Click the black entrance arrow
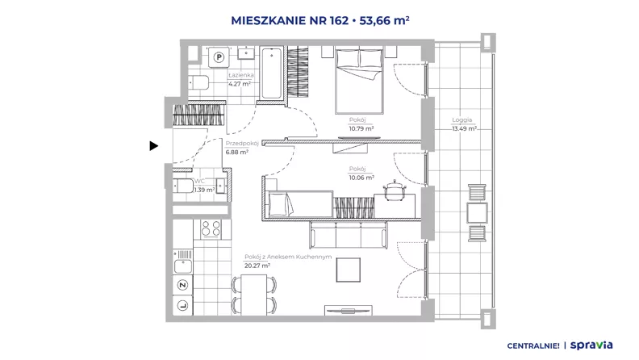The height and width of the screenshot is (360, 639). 153,145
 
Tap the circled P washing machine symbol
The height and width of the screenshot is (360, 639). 219,57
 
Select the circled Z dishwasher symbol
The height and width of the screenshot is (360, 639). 182,285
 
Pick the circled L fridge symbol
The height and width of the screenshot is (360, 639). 182,305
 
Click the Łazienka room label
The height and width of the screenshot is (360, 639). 241,75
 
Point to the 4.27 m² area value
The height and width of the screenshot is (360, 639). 239,84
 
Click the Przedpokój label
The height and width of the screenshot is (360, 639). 242,144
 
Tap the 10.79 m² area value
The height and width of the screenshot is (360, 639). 361,128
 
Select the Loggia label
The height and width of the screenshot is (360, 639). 461,119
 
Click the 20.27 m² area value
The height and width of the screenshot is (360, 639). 257,266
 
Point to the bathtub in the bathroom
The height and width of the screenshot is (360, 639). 271,73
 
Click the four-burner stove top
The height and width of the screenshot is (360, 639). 211,229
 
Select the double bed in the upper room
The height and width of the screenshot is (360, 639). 359,82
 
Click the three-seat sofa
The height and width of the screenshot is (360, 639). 349,234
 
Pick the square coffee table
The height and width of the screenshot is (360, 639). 348,270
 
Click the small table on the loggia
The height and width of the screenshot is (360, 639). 477,213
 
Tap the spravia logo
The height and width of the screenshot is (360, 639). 591,345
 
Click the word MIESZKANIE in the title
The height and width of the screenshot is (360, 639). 268,20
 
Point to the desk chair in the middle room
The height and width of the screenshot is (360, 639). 394,189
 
